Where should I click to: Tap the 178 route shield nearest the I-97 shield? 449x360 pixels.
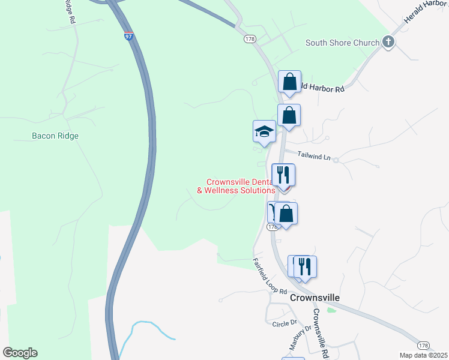(x=250, y=38)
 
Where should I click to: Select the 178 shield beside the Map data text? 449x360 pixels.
(x=424, y=346)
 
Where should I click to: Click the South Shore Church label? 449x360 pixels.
(x=342, y=43)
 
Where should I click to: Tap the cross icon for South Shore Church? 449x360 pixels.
(x=388, y=42)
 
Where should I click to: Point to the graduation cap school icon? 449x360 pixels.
(x=264, y=132)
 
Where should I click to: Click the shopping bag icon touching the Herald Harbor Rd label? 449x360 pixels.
(x=289, y=82)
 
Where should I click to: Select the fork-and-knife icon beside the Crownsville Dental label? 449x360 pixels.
(x=283, y=175)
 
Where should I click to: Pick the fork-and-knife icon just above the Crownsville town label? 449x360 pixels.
(x=306, y=266)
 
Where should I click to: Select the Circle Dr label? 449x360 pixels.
(x=285, y=323)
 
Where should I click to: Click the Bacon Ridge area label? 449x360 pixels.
(x=55, y=136)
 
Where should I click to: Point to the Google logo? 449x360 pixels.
(x=20, y=353)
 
